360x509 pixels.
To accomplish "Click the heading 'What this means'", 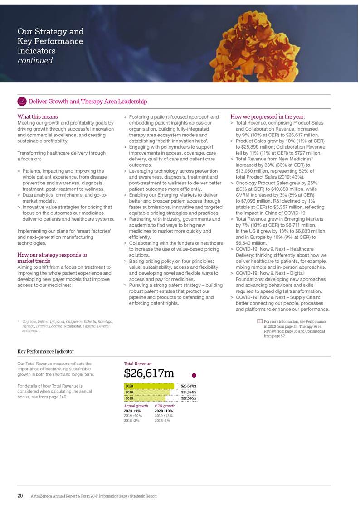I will [x=37, y=117].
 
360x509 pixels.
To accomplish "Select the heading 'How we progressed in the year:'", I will [x=268, y=117].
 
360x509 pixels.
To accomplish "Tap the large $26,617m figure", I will [x=149, y=373].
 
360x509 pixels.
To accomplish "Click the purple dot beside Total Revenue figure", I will [x=194, y=375].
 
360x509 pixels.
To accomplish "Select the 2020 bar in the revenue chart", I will [x=149, y=386].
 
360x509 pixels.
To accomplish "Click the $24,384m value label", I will [x=188, y=392].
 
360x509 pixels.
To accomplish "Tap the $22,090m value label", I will [x=188, y=398].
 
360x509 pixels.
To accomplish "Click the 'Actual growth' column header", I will [x=136, y=406].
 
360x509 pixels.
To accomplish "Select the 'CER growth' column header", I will [x=165, y=406].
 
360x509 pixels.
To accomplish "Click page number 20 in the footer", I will [x=20, y=496].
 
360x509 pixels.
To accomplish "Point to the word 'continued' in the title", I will [x=35, y=60].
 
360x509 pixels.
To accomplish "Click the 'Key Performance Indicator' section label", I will [x=45, y=351].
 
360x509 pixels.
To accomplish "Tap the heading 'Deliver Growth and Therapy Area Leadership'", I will [x=88, y=101].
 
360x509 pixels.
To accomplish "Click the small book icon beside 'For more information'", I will [x=259, y=321].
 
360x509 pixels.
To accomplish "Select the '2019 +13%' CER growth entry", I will [x=164, y=416].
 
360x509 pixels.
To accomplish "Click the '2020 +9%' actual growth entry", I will [x=132, y=411].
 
